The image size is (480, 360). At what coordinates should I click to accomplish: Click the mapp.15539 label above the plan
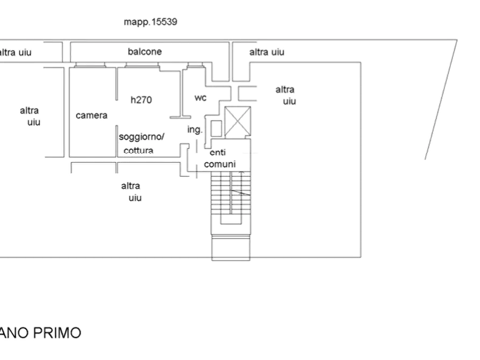(151, 22)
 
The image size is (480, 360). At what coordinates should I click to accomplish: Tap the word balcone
(145, 52)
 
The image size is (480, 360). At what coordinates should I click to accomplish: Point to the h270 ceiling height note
(141, 99)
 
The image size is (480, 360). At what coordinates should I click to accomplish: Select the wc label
(200, 97)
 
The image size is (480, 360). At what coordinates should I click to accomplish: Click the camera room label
(91, 116)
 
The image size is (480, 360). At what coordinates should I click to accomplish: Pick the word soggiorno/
(142, 136)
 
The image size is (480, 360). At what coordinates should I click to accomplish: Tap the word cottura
(138, 150)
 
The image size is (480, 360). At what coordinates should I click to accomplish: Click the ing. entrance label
(194, 129)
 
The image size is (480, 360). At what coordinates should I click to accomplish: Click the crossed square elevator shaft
(237, 119)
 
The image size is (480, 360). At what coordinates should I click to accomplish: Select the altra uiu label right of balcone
(267, 52)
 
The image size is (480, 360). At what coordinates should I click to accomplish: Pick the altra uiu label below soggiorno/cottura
(132, 192)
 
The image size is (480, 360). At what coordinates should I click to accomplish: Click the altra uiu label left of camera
(31, 116)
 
